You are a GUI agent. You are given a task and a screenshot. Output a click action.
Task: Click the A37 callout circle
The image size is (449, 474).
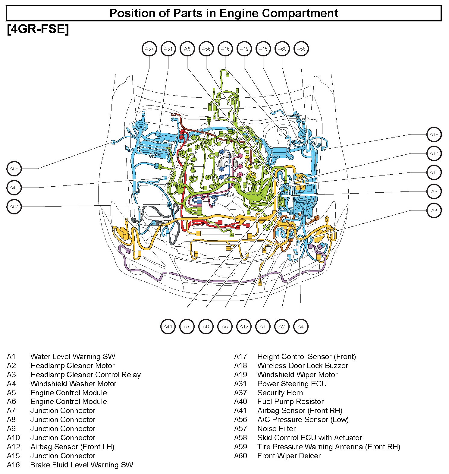[149, 49]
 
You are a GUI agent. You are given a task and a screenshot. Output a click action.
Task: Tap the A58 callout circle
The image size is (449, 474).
[301, 49]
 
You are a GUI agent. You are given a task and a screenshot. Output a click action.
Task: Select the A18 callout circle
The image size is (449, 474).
[434, 134]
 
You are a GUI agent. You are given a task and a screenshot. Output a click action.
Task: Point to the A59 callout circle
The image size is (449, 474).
[14, 169]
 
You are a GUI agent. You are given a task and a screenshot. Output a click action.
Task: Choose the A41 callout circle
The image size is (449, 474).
[168, 327]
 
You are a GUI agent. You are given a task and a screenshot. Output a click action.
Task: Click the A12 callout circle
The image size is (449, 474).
[244, 327]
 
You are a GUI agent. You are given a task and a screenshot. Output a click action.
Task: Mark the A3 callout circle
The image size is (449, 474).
[434, 210]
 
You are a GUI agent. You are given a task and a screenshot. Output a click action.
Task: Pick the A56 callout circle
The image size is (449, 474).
[206, 49]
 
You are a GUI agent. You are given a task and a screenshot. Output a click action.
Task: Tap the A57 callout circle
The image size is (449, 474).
[14, 207]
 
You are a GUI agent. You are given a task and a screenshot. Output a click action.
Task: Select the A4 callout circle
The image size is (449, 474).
[301, 327]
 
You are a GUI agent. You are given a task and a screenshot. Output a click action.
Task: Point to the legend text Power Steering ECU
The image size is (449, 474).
[292, 384]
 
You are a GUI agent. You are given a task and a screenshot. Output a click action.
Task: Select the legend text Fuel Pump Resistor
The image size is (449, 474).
[290, 401]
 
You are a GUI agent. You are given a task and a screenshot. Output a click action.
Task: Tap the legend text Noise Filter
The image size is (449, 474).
[276, 428]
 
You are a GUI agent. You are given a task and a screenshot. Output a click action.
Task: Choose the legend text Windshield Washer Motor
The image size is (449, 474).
[73, 384]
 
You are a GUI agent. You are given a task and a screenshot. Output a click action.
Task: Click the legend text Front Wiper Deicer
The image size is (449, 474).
[289, 456]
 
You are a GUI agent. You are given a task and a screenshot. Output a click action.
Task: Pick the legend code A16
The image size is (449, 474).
[13, 465]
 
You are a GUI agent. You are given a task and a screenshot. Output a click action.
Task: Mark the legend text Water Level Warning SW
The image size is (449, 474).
[73, 357]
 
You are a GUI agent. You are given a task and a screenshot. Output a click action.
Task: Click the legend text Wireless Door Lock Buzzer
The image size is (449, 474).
[303, 366]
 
